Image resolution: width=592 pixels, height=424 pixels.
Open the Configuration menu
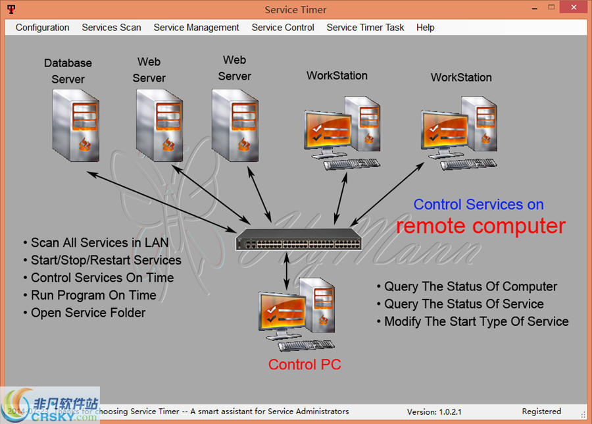42,28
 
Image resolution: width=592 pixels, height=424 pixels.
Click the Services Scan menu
111,28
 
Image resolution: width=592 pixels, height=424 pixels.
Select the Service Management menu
196,28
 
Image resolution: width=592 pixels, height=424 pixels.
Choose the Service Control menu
283,28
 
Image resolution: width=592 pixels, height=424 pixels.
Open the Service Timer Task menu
365,28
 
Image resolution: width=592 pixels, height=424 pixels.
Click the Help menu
425,28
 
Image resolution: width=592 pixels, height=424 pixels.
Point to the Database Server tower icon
76,125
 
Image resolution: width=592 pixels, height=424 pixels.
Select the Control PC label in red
305,364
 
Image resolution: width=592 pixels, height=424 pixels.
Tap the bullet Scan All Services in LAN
99,243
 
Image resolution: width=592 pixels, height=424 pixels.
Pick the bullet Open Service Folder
88,313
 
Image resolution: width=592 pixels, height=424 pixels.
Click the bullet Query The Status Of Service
464,304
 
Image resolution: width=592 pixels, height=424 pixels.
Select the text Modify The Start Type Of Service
476,321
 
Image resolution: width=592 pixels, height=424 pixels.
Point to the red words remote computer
480,226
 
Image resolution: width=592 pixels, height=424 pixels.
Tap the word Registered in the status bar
541,411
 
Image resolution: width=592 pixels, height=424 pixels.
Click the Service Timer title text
295,9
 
